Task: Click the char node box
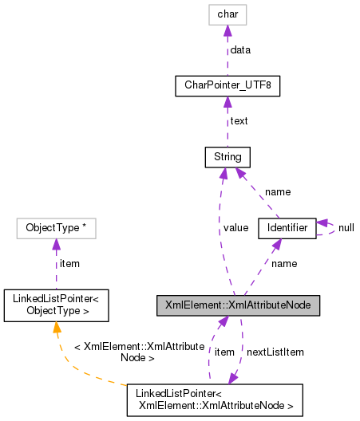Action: point(227,14)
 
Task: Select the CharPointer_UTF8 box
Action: point(227,85)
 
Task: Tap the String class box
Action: point(227,157)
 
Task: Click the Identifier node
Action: point(287,229)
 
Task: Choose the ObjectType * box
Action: point(56,229)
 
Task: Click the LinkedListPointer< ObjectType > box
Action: point(56,305)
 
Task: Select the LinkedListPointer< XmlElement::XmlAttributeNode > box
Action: point(215,401)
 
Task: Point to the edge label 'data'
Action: point(240,49)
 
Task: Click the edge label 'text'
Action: point(239,121)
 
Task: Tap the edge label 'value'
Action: point(235,228)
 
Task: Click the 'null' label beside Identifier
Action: point(346,228)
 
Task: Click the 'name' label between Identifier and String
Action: point(278,192)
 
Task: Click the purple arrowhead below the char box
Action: point(227,30)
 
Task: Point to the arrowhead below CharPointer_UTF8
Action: point(227,102)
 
